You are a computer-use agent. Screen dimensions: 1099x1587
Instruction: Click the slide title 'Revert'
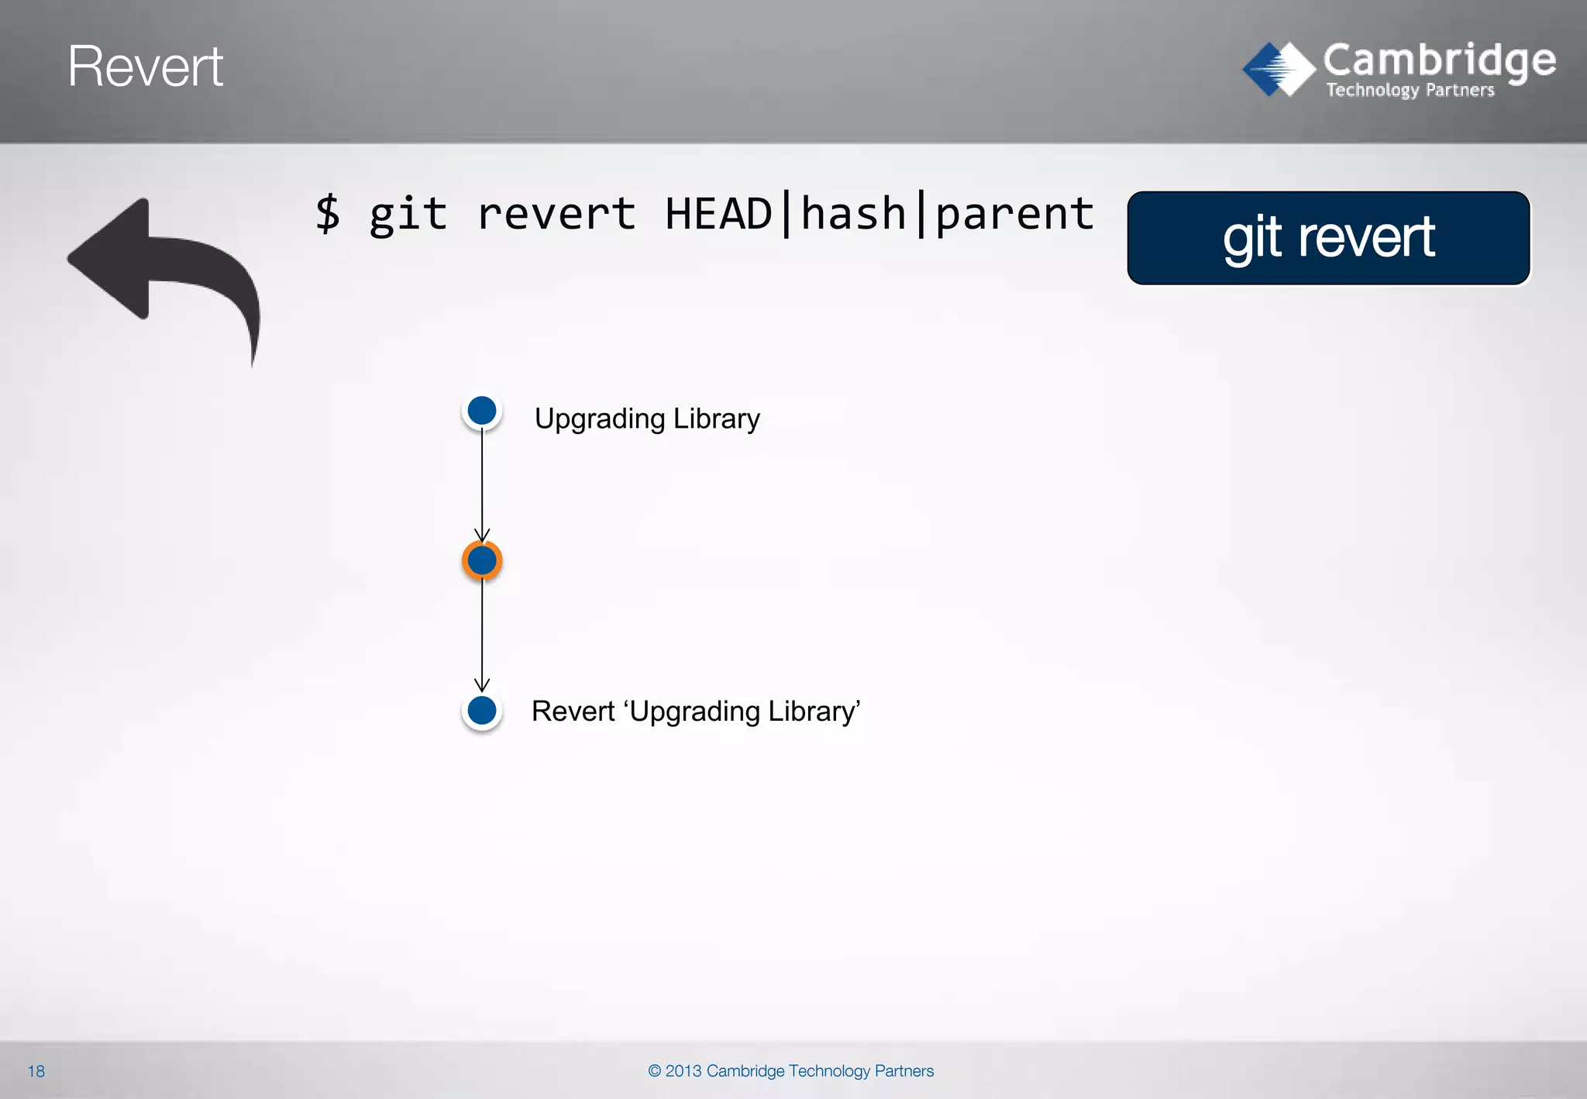(146, 67)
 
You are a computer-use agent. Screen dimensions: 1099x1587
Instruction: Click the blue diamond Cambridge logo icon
(1279, 70)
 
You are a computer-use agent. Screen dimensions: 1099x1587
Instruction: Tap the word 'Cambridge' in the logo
(1439, 60)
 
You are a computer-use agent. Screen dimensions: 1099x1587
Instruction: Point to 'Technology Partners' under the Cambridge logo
(1410, 91)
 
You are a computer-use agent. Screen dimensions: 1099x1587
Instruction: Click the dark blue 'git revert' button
(1328, 238)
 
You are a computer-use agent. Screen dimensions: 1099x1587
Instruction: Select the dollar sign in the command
(328, 213)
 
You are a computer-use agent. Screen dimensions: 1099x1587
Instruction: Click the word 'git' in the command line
(408, 215)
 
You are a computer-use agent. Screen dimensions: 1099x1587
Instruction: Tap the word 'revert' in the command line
(556, 214)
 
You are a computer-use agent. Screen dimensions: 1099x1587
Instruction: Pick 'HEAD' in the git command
(719, 214)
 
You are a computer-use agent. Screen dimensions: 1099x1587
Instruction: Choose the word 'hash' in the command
(853, 214)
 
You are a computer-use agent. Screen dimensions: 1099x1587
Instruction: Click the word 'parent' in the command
(1014, 215)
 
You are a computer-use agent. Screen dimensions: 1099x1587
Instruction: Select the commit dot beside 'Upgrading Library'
(482, 411)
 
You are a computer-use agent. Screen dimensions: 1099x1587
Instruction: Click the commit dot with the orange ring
(482, 560)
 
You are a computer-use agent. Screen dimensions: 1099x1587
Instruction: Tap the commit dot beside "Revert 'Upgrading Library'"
(482, 710)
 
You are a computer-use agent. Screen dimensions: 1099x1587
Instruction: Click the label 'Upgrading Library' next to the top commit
(647, 419)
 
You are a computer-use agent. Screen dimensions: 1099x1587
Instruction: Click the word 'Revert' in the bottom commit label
(573, 711)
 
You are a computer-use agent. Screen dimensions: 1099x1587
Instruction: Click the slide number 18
(36, 1071)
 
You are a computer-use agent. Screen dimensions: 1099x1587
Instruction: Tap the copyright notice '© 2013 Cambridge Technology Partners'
(791, 1071)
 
